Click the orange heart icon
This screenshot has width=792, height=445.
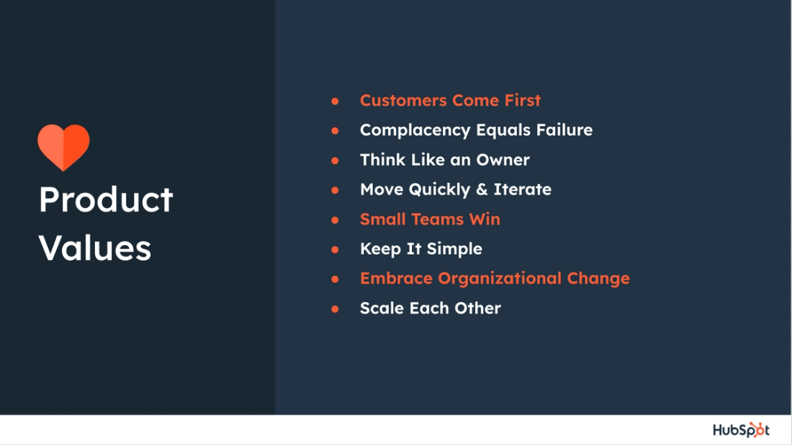[63, 147]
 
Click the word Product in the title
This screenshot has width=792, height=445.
[106, 199]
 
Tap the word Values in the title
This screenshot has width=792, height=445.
[94, 248]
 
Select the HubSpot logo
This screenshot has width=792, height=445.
[741, 430]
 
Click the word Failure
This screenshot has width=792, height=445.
[564, 130]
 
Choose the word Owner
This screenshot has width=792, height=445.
[503, 160]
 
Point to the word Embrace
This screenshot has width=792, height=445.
[396, 279]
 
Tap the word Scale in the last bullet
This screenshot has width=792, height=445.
[382, 308]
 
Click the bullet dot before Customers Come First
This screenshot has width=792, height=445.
[335, 102]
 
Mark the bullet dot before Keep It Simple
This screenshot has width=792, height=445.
[335, 250]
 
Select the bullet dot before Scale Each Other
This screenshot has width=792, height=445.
[335, 309]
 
